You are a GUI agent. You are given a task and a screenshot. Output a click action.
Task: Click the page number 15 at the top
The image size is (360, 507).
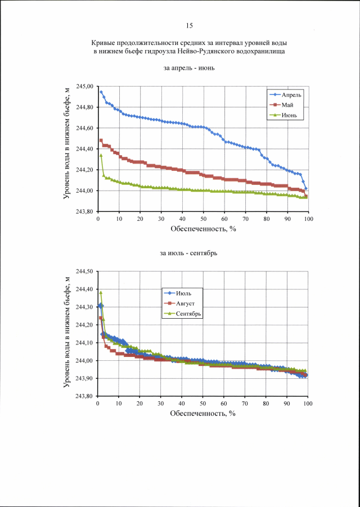coord(189,25)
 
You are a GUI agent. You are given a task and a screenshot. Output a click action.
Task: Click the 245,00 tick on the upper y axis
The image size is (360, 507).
coord(85,87)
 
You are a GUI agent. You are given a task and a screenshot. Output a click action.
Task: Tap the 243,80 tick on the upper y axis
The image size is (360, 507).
coord(85,212)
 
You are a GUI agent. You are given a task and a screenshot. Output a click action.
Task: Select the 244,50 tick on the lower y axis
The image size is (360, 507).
coord(85,271)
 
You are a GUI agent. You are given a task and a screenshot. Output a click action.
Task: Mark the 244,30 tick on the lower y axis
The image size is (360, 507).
coord(85,307)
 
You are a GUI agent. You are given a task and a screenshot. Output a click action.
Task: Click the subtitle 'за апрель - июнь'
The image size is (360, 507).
coord(189,69)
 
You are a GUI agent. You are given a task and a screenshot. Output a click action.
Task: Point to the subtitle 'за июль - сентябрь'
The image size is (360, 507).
coord(189,254)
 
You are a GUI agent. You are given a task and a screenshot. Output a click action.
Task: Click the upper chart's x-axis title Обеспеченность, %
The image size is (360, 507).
coord(203,229)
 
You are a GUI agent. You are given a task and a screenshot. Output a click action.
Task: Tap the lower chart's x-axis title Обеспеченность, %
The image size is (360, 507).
coord(203,414)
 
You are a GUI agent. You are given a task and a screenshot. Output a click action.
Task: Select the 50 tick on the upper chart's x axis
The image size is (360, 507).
coord(203,219)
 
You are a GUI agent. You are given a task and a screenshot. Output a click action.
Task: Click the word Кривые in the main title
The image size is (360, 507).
coord(103,43)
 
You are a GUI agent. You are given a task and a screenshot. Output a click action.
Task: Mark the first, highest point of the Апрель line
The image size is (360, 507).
coord(101,92)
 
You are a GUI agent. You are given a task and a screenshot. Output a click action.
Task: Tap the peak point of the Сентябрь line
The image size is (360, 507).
coord(101,292)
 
